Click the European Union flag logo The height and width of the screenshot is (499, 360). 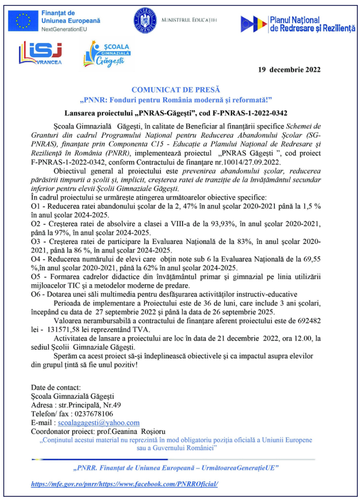click(23, 20)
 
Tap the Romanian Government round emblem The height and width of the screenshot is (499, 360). click(144, 20)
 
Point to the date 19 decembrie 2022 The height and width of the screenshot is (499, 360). click(289, 70)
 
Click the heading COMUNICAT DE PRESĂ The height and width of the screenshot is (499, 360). click(174, 89)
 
